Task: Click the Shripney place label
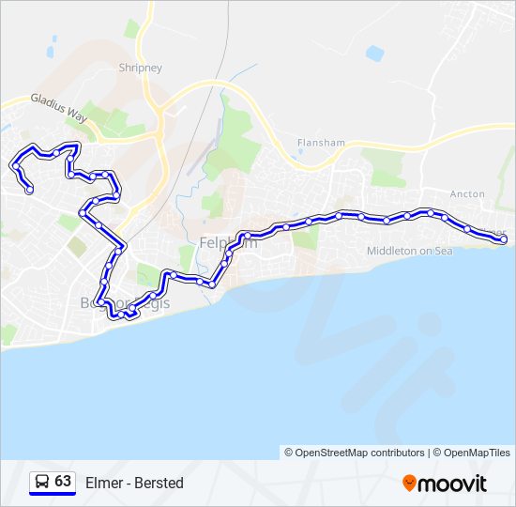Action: (141, 68)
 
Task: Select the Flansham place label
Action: (322, 143)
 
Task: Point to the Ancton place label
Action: (467, 194)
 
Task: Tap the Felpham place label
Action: (228, 244)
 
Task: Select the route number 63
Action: (63, 482)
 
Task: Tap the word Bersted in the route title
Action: (159, 483)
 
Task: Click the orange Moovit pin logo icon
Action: (409, 483)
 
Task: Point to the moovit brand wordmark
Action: (453, 483)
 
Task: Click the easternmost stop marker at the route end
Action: (504, 240)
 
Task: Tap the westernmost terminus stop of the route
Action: (29, 190)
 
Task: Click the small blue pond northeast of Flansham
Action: (375, 54)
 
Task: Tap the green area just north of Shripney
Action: (132, 30)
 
